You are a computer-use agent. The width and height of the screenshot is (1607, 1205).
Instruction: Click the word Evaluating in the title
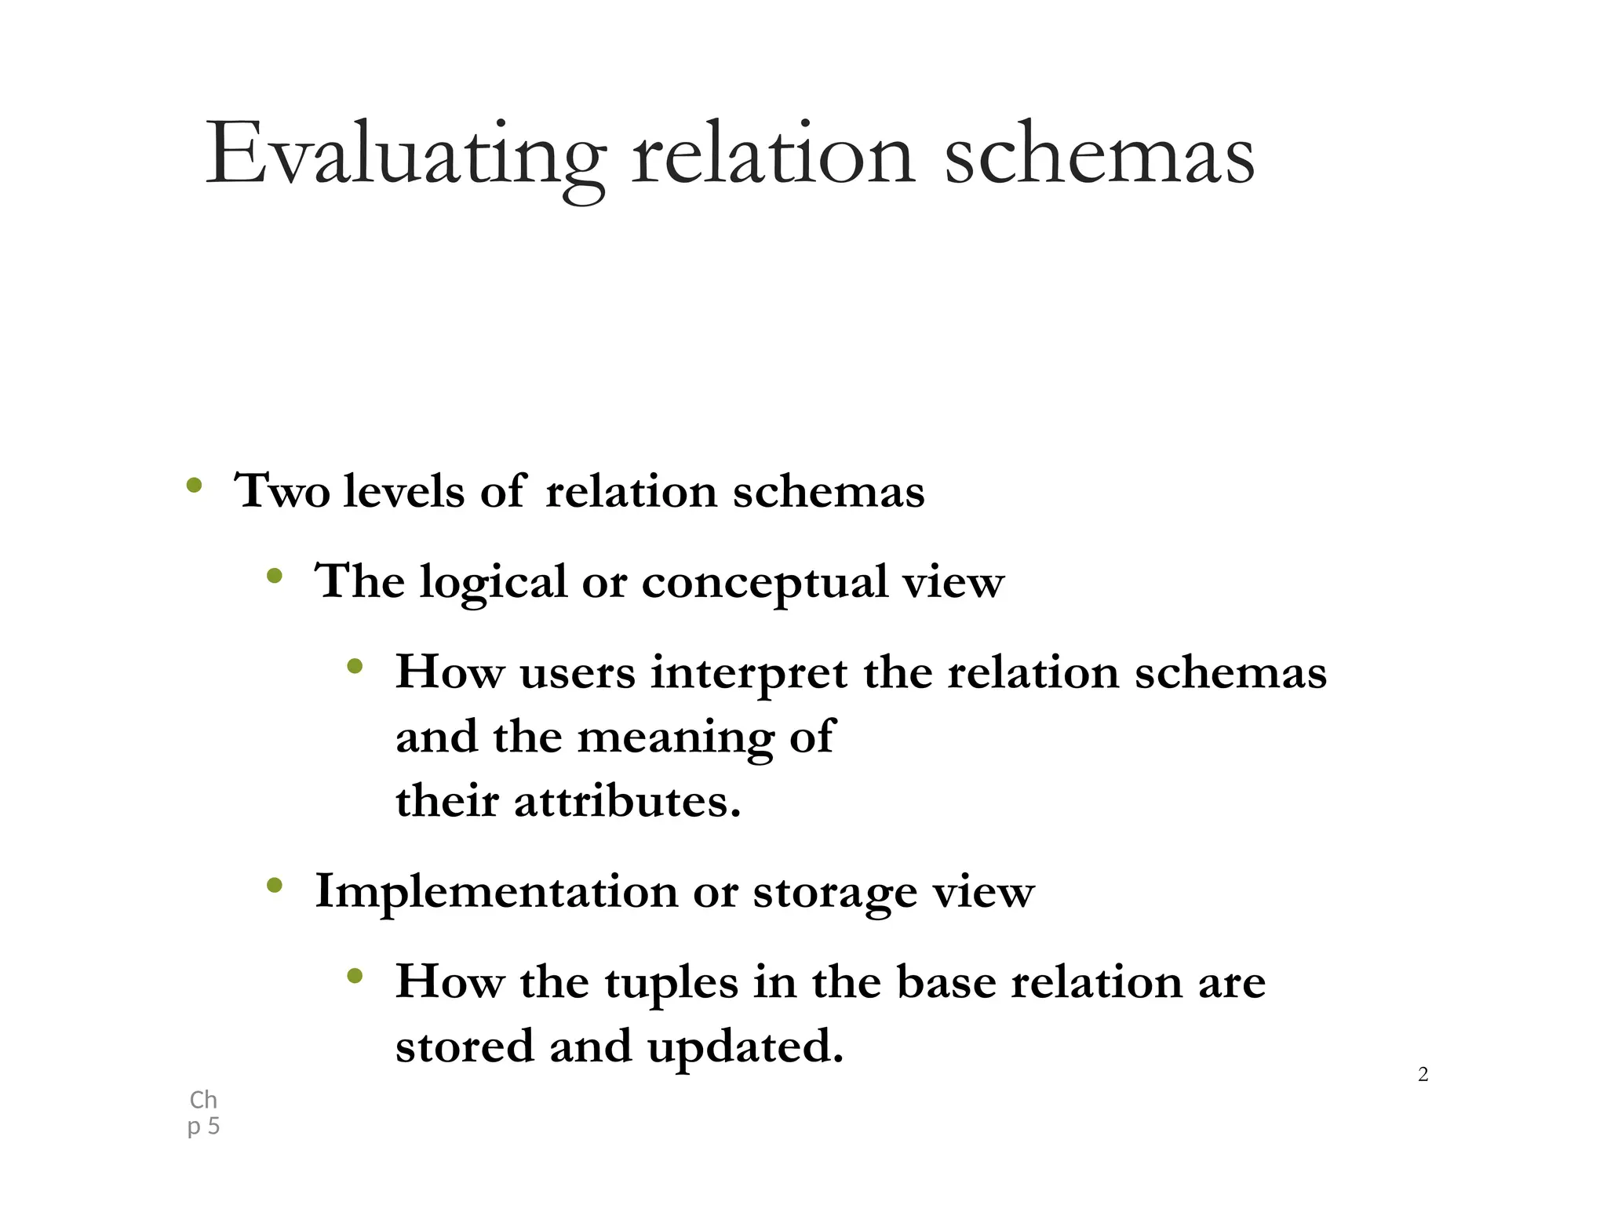(405, 155)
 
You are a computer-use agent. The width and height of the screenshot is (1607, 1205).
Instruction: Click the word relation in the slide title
(773, 155)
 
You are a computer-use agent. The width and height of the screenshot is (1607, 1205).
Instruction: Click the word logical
(493, 582)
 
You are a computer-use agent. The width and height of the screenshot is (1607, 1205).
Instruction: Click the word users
(577, 673)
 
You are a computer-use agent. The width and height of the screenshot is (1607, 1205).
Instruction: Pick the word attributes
(627, 802)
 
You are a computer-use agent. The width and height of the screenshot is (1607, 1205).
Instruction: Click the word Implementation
(496, 892)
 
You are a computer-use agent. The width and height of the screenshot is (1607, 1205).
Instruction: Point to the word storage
(835, 892)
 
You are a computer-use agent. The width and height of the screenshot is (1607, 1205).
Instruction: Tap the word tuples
(671, 982)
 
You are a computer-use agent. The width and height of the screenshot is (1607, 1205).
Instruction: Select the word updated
(745, 1047)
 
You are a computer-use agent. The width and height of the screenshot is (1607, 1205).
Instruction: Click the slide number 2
(1423, 1075)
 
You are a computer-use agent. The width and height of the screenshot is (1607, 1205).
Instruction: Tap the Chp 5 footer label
(203, 1113)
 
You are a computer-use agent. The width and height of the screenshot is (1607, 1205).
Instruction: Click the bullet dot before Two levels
(194, 486)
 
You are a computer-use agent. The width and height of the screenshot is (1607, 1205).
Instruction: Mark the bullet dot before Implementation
(274, 886)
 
